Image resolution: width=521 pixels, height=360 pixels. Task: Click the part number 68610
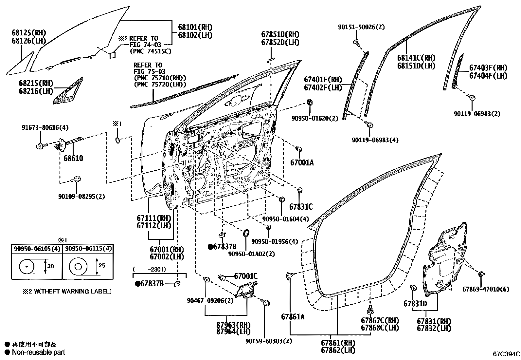click(73, 159)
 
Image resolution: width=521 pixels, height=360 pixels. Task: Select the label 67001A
click(302, 162)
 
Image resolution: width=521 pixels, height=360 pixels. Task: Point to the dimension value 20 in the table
click(50, 266)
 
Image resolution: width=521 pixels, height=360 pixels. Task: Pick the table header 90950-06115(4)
click(88, 249)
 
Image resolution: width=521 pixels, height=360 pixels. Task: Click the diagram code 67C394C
click(506, 354)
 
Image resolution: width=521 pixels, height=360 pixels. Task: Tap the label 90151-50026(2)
click(361, 27)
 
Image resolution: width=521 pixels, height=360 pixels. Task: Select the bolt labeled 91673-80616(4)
click(40, 145)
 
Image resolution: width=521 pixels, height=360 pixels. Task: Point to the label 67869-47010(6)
click(486, 289)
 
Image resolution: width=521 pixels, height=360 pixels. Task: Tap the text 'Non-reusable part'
click(38, 352)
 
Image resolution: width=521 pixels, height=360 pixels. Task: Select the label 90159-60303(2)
click(269, 341)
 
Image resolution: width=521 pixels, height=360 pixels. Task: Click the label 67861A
click(293, 317)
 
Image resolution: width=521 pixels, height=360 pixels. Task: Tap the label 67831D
click(415, 304)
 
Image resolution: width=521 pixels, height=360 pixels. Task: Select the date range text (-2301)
click(151, 269)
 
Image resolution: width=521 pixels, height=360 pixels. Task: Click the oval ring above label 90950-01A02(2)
click(246, 234)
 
